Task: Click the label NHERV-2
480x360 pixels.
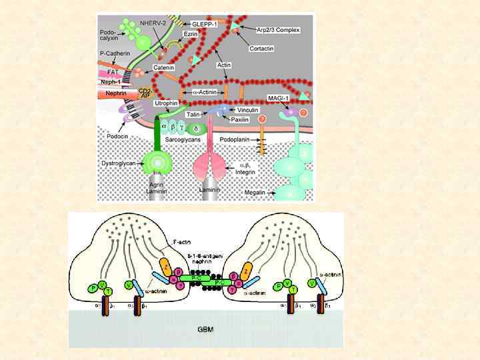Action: [x=153, y=23]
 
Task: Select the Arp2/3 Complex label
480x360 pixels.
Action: [x=279, y=30]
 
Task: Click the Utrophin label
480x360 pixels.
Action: [x=165, y=104]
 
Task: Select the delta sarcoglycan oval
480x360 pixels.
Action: [x=195, y=128]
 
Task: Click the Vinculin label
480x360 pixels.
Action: [x=248, y=109]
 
